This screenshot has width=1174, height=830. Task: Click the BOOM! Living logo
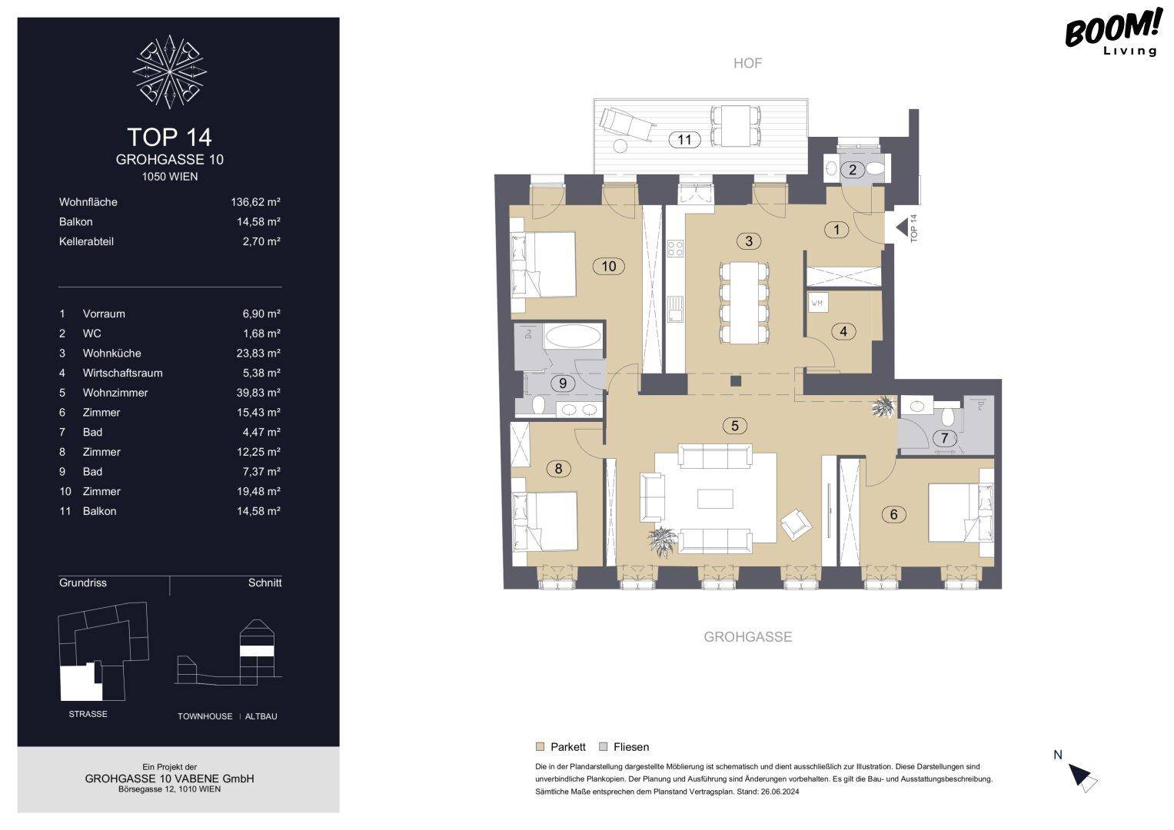click(1112, 32)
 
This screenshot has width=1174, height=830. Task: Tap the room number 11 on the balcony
click(684, 140)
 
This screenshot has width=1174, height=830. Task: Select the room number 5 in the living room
click(735, 426)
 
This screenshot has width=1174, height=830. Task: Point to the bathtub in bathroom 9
click(572, 336)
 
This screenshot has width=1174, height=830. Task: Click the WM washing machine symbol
click(817, 303)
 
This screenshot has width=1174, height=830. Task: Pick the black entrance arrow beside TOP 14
click(902, 228)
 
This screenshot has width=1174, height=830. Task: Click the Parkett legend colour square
click(540, 747)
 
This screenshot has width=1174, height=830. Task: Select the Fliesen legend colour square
click(604, 747)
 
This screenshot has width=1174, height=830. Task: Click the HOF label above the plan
click(747, 63)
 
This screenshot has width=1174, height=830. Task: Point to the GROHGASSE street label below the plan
click(748, 637)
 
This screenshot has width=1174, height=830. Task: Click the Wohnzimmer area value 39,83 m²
click(258, 393)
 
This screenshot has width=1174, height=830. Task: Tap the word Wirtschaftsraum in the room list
click(123, 373)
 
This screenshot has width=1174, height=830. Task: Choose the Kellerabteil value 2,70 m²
click(261, 241)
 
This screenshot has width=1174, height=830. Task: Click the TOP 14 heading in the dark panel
click(169, 138)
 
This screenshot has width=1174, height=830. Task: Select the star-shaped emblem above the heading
click(170, 71)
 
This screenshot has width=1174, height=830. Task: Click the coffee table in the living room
click(716, 499)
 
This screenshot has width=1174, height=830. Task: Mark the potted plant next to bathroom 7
click(884, 407)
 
